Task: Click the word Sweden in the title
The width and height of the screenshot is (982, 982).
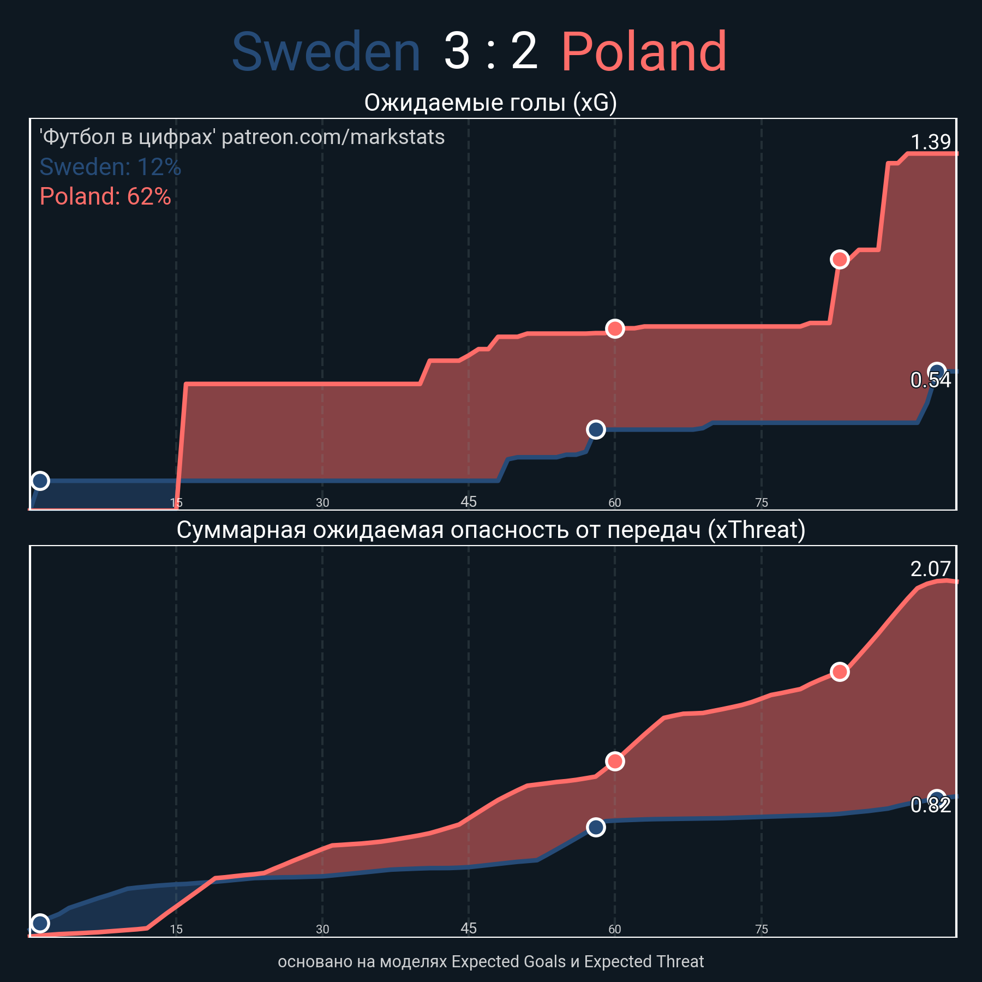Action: coord(326,52)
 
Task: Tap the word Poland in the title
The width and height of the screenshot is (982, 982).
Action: coord(644,52)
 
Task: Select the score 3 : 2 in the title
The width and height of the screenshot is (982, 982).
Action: coord(490,52)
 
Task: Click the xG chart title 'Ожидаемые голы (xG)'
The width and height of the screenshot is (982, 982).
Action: coord(490,103)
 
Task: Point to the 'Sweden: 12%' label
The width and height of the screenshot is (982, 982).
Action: coord(110,167)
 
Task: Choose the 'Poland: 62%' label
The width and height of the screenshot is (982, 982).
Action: coord(105,196)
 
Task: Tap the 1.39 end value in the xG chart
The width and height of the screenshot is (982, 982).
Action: coord(931,142)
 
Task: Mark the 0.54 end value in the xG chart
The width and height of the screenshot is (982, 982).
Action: coord(931,380)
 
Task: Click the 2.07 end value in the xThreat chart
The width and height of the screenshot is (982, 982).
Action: coord(931,570)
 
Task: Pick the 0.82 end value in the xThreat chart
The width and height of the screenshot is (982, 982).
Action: coord(931,805)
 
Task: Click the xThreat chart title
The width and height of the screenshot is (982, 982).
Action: coord(490,530)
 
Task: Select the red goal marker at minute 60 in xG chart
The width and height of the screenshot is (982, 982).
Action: coord(615,328)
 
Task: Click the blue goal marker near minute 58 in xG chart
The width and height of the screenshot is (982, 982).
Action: coord(596,430)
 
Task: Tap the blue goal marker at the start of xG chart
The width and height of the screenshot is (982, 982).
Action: coord(40,481)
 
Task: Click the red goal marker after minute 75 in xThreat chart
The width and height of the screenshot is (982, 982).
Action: coord(840,672)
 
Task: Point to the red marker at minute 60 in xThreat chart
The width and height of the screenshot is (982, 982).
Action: coord(615,761)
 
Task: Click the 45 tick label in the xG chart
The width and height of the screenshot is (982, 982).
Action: coord(469,502)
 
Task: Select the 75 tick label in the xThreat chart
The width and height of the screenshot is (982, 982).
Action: coord(762,929)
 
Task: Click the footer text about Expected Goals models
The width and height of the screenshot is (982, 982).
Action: coord(490,961)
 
